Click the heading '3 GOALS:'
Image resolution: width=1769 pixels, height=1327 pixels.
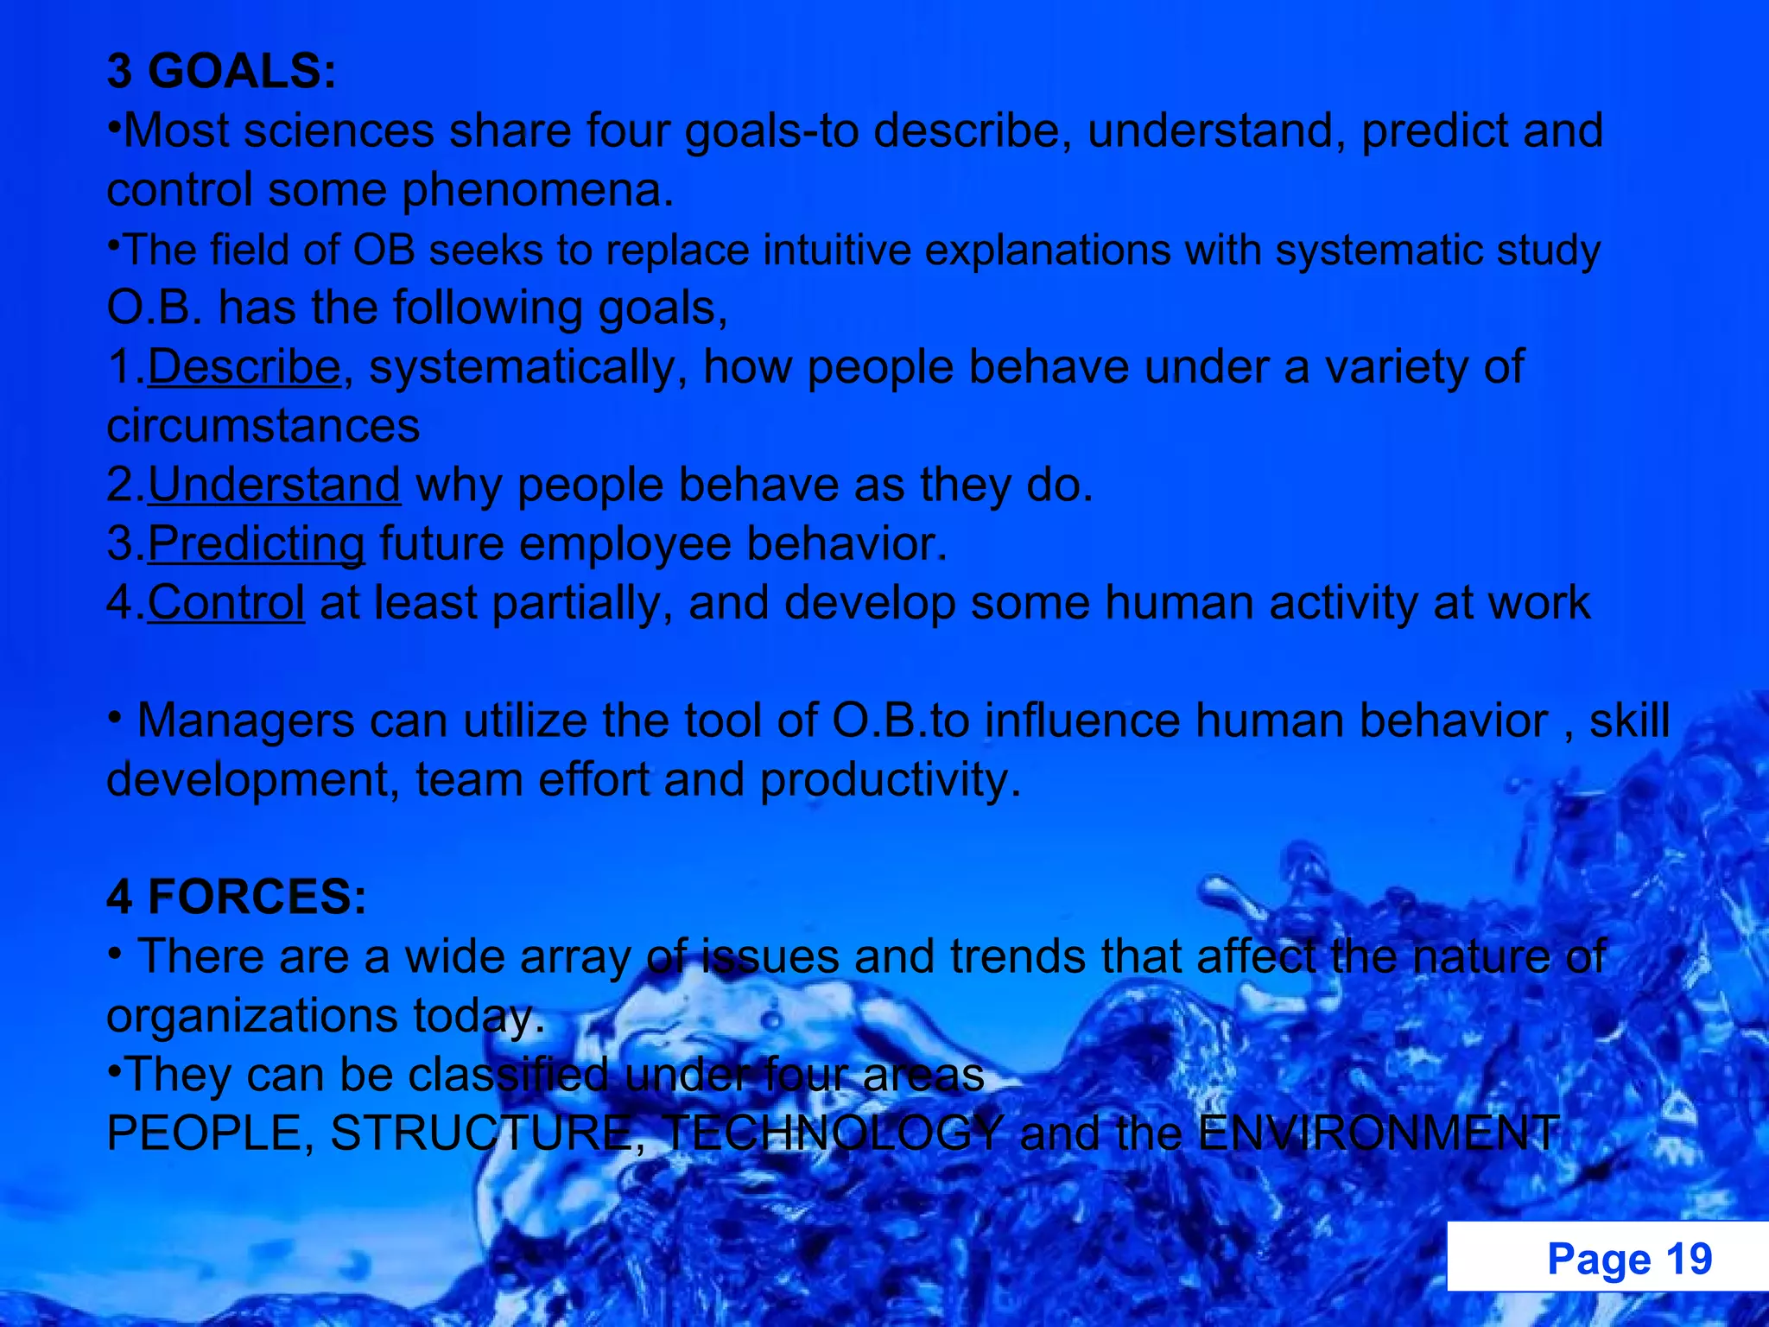tap(221, 71)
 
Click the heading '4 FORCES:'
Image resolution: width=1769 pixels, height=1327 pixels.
tap(237, 897)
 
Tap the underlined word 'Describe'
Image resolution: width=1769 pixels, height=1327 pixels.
tap(244, 366)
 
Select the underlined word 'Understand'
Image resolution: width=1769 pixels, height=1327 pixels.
tap(274, 485)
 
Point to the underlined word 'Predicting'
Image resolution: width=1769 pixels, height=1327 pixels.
tap(256, 543)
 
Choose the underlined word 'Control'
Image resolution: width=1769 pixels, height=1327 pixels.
tap(225, 602)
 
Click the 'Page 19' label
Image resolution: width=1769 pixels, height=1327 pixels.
tap(1629, 1259)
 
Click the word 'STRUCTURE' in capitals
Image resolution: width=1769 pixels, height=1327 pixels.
tap(480, 1133)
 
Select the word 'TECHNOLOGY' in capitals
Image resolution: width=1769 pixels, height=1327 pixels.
tap(833, 1133)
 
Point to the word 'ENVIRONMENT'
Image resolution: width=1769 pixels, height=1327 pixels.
tap(1379, 1133)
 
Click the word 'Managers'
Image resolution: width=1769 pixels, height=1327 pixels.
tap(245, 721)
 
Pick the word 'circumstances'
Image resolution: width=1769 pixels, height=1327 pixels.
tap(263, 426)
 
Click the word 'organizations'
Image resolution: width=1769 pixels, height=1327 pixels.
tap(251, 1015)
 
